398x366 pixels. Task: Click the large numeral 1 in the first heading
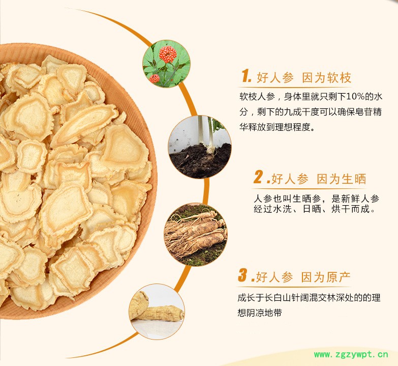click(x=246, y=76)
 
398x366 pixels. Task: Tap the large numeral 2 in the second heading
click(x=258, y=177)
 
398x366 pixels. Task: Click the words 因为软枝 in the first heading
click(x=327, y=77)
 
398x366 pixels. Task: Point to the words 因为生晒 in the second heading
click(x=342, y=179)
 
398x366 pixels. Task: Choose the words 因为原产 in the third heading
click(x=326, y=277)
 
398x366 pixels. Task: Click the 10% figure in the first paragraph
click(x=355, y=97)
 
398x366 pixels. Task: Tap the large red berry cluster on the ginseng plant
click(x=168, y=54)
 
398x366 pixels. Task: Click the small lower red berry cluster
click(x=155, y=78)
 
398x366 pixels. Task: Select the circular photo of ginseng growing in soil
click(x=200, y=147)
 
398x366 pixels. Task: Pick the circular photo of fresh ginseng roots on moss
click(x=196, y=235)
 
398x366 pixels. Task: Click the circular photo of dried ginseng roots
click(x=157, y=312)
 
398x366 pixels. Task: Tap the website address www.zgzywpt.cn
click(x=351, y=354)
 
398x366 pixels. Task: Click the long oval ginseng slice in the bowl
click(x=84, y=125)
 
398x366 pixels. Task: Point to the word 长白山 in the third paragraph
click(x=278, y=297)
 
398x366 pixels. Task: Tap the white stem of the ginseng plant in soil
click(x=200, y=133)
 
